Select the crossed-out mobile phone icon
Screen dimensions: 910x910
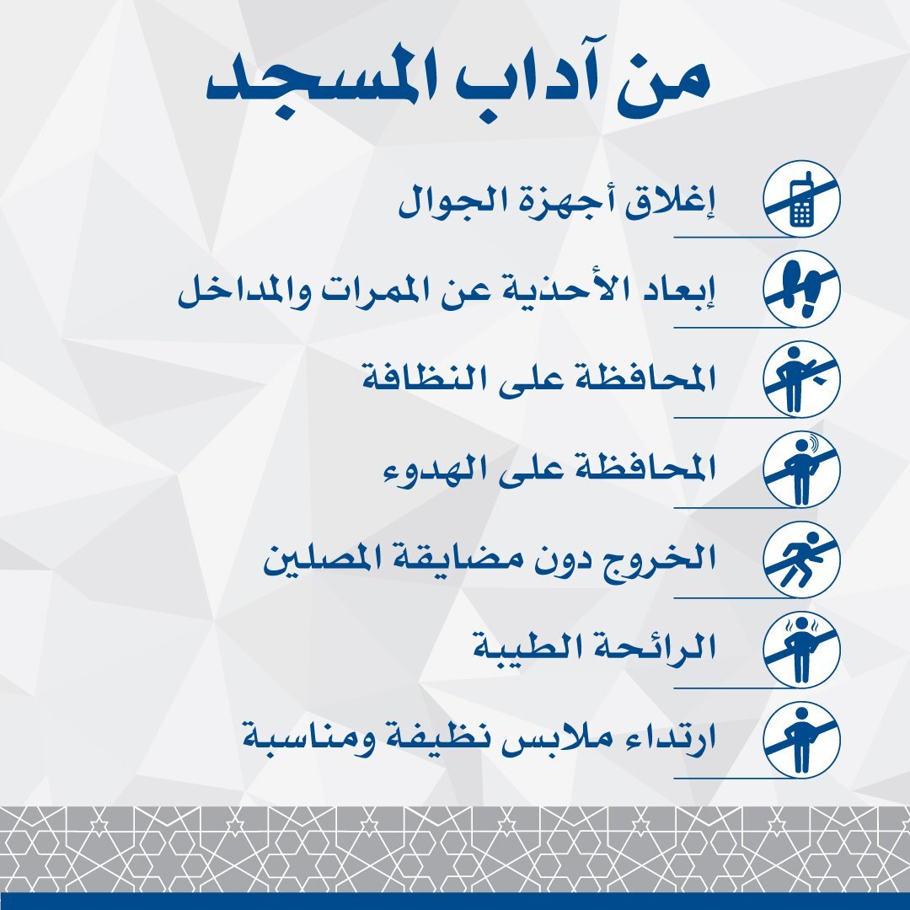point(801,199)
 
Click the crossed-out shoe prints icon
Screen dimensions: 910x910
point(801,289)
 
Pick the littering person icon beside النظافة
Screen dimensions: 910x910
point(801,379)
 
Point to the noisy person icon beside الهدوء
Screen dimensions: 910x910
point(801,469)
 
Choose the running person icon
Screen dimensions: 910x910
point(801,559)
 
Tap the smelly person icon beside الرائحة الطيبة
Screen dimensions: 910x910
point(801,650)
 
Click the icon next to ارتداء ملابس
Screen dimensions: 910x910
point(801,740)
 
